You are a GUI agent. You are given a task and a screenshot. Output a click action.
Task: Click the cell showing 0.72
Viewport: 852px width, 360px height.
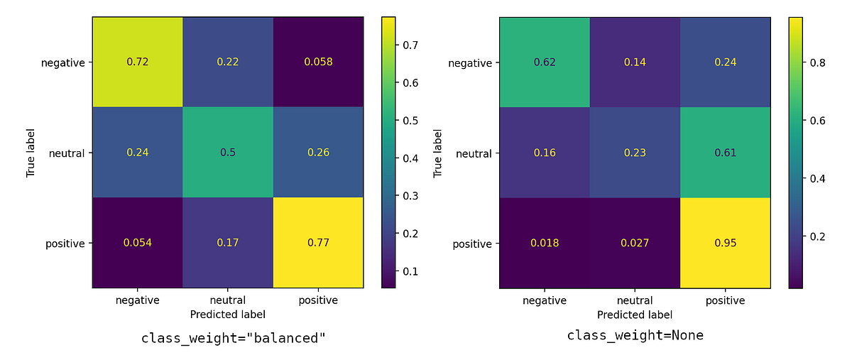point(138,62)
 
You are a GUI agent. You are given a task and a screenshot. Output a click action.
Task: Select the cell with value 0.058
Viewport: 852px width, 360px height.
point(318,62)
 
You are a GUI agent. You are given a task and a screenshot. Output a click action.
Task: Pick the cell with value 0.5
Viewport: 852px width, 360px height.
point(228,153)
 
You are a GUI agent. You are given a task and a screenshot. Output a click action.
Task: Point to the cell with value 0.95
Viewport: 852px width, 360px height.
point(726,244)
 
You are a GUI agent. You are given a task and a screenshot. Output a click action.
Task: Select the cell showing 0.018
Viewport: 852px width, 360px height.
point(545,244)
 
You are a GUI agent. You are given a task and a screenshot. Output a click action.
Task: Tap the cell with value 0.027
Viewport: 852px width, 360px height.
point(635,244)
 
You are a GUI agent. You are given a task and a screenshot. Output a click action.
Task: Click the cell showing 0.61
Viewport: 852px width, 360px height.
point(726,153)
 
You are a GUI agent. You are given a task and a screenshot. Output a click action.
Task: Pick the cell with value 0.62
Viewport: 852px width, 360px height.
point(545,62)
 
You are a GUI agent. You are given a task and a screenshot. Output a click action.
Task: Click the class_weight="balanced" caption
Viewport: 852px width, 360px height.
point(234,337)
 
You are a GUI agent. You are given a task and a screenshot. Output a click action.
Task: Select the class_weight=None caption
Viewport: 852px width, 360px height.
point(635,334)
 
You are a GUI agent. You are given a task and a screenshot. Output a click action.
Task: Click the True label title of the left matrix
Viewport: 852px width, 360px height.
point(31,153)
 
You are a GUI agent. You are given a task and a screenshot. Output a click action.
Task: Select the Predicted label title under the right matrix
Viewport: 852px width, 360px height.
point(635,315)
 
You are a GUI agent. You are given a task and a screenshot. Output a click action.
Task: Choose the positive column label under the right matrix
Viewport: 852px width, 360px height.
point(726,300)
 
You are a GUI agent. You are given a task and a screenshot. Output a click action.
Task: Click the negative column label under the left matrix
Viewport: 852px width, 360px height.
point(138,300)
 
